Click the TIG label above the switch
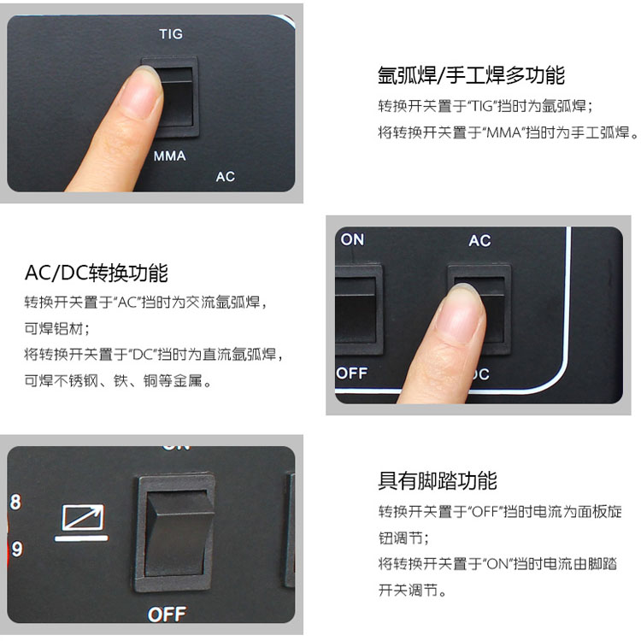click(171, 33)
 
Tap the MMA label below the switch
click(170, 156)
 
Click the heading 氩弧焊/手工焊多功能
click(471, 75)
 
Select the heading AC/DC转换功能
click(97, 273)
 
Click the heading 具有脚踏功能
click(438, 480)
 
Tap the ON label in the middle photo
click(352, 239)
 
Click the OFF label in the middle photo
click(352, 373)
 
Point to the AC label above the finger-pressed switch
click(479, 240)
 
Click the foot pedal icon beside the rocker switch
click(82, 522)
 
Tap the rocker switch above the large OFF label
click(174, 532)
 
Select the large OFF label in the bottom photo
click(168, 614)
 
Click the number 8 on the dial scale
click(15, 502)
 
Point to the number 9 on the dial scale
click(16, 549)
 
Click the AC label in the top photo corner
click(226, 177)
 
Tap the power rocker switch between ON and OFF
click(358, 309)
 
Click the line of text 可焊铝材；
click(57, 328)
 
